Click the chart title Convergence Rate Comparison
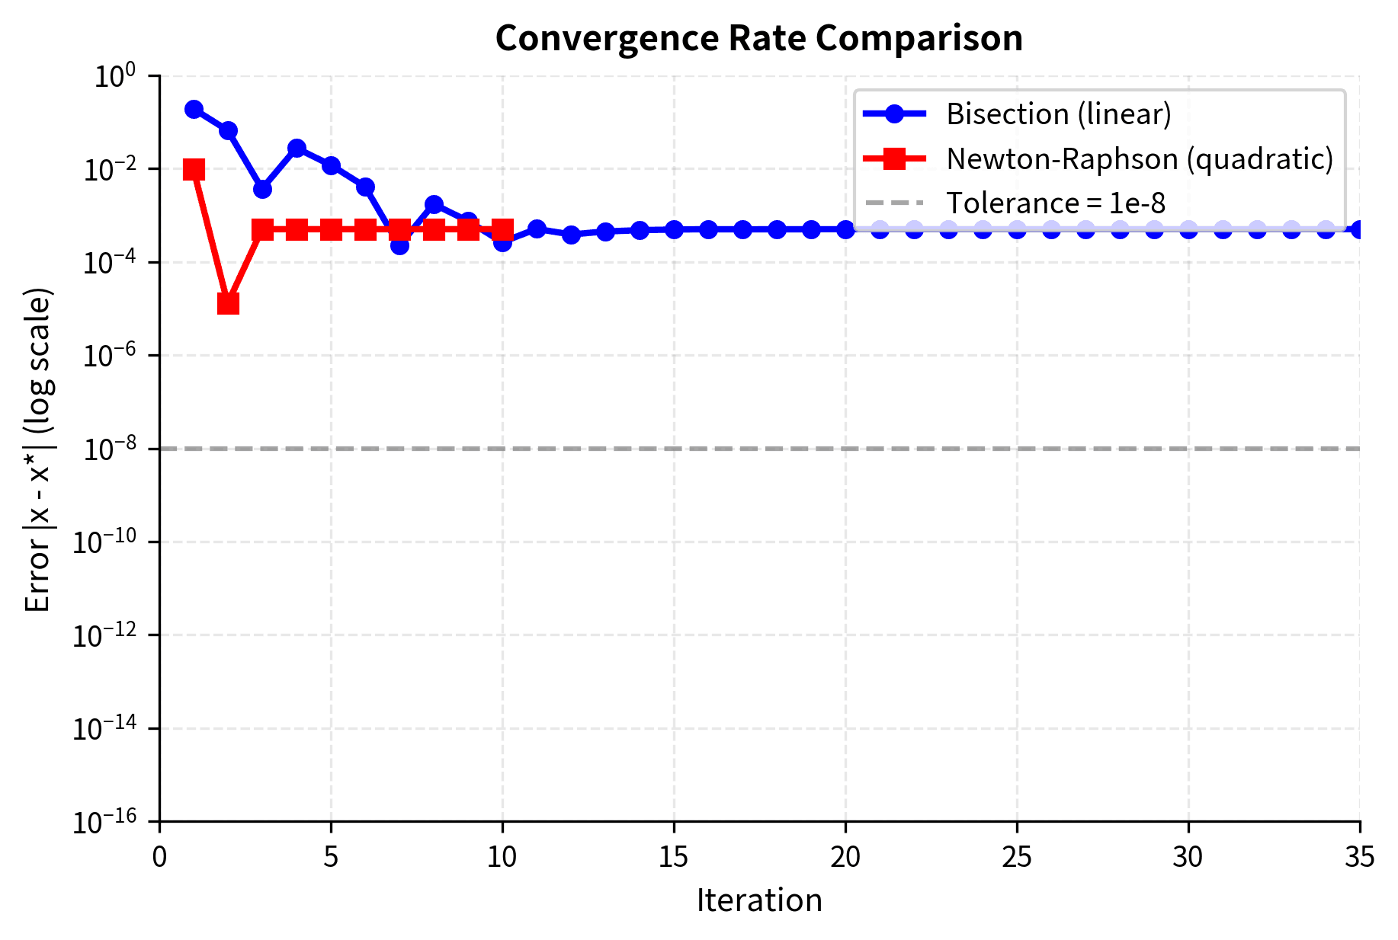click(x=758, y=38)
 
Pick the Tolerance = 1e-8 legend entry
click(x=1055, y=203)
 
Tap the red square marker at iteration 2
click(x=228, y=304)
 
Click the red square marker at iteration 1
click(x=194, y=169)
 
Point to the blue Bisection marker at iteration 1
click(x=194, y=110)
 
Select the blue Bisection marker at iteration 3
click(x=262, y=189)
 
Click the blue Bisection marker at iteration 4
click(x=297, y=148)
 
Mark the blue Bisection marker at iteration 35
click(x=1359, y=229)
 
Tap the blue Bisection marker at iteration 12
click(x=571, y=235)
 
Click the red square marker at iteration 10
click(x=502, y=229)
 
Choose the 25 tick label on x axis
click(x=1017, y=858)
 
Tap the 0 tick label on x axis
click(x=159, y=858)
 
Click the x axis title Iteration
click(x=758, y=900)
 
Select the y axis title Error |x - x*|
click(x=38, y=449)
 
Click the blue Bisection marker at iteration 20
click(x=845, y=229)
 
